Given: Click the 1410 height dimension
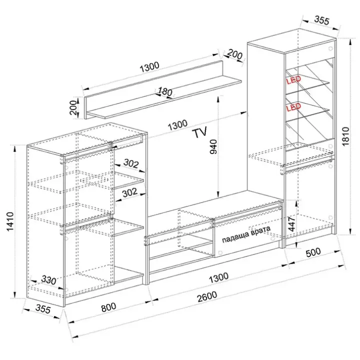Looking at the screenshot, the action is coord(10,221).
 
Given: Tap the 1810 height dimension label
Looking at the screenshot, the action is coord(345,136).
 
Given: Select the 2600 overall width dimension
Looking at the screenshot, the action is coord(207,297).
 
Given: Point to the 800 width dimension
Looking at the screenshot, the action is coord(108,307).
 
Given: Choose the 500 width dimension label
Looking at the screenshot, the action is coord(313,252).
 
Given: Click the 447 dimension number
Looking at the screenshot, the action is coord(291,223).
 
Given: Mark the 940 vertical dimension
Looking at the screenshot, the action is coord(213,146).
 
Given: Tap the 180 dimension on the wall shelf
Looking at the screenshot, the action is coord(165,92).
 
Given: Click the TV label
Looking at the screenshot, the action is coord(200,132).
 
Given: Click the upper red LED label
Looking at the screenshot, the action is coord(293,80).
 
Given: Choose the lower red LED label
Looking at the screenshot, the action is coord(293,107).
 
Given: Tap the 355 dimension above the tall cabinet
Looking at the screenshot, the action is coord(321,20).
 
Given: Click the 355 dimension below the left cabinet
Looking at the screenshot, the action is coord(43,309).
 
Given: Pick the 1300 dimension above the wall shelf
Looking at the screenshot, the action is coord(149,67).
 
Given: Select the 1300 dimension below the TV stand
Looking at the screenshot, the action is coord(219,277).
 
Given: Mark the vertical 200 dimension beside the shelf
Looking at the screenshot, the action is coord(73,107).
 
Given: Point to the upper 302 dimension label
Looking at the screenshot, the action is coord(131,163).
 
